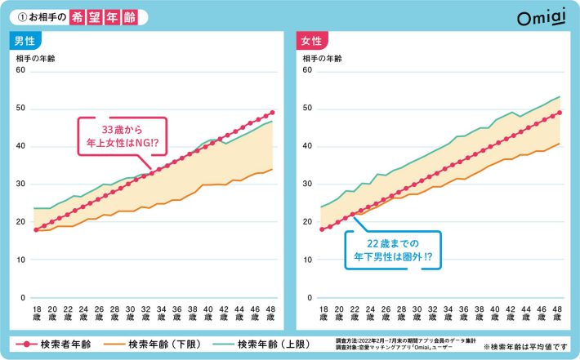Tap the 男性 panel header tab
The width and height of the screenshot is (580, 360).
click(25, 40)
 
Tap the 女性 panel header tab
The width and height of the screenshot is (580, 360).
click(312, 40)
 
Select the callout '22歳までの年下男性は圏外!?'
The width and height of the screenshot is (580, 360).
click(393, 249)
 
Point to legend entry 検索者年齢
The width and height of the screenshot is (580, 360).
click(57, 343)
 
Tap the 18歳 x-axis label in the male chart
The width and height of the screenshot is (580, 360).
click(36, 315)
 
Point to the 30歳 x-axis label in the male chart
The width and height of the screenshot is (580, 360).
click(130, 315)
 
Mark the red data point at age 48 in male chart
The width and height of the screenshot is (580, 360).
click(272, 113)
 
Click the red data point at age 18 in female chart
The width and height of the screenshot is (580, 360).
click(323, 230)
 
